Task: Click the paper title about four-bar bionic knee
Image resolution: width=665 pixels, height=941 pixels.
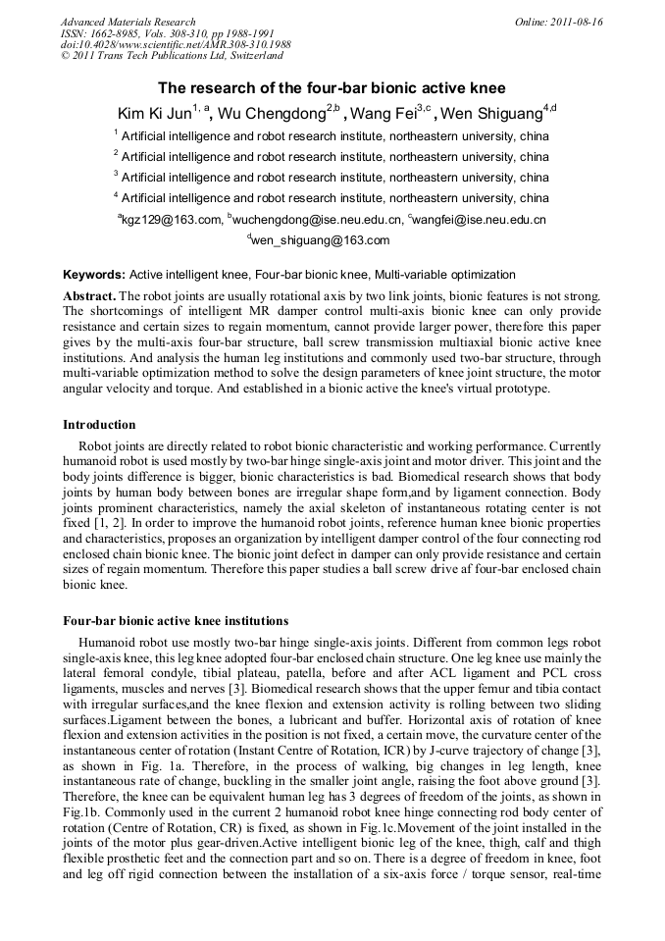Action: (x=332, y=87)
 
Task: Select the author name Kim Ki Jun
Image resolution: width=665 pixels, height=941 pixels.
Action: (x=154, y=114)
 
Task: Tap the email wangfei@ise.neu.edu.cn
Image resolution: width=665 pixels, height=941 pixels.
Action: (x=481, y=220)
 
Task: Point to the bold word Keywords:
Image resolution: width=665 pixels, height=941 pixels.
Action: (x=94, y=275)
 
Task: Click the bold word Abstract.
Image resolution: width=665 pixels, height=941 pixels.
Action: (x=90, y=295)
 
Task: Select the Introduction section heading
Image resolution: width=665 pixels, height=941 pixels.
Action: (x=99, y=425)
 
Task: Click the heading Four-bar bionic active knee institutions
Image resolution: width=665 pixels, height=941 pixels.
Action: (x=176, y=621)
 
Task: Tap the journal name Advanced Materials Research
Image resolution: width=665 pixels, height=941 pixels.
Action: (x=128, y=22)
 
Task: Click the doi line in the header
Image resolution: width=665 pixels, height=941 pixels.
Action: (x=176, y=45)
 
